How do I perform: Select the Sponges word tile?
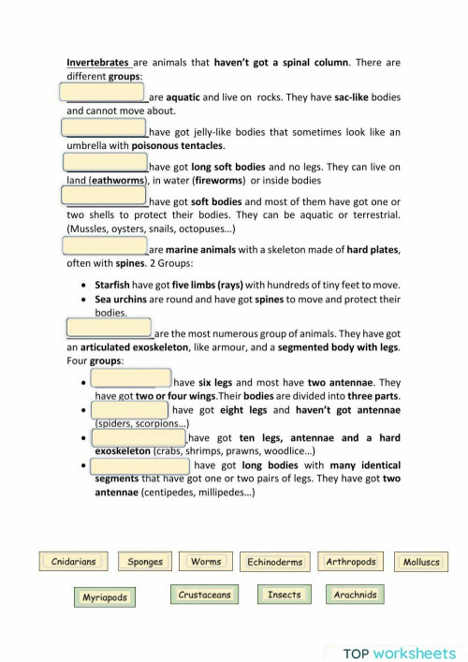point(145,562)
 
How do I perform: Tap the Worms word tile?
point(205,562)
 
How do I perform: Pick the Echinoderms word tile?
point(274,562)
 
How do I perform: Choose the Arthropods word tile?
point(351,562)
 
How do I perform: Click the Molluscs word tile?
point(420,562)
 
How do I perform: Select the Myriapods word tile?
point(104,596)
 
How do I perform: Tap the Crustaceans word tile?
point(204,595)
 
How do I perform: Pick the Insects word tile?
point(284,595)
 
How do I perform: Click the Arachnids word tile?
point(355,595)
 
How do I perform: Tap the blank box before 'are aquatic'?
point(101,92)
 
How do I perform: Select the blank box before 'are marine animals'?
point(105,245)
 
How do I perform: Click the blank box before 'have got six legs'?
point(131,378)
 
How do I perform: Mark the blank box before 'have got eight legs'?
point(130,409)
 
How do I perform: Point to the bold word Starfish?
point(112,284)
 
